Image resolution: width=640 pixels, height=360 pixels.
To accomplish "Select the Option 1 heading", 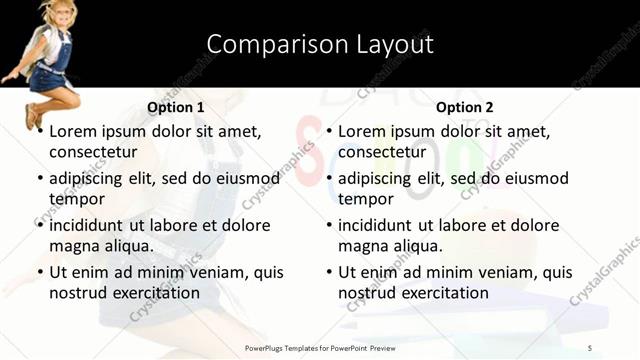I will point(176,107).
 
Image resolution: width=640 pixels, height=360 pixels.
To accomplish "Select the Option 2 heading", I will point(465,107).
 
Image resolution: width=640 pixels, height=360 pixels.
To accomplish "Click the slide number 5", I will point(589,347).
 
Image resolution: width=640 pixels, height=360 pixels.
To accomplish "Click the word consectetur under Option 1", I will point(93,152).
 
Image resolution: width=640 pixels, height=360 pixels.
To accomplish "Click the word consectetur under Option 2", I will point(382,152).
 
